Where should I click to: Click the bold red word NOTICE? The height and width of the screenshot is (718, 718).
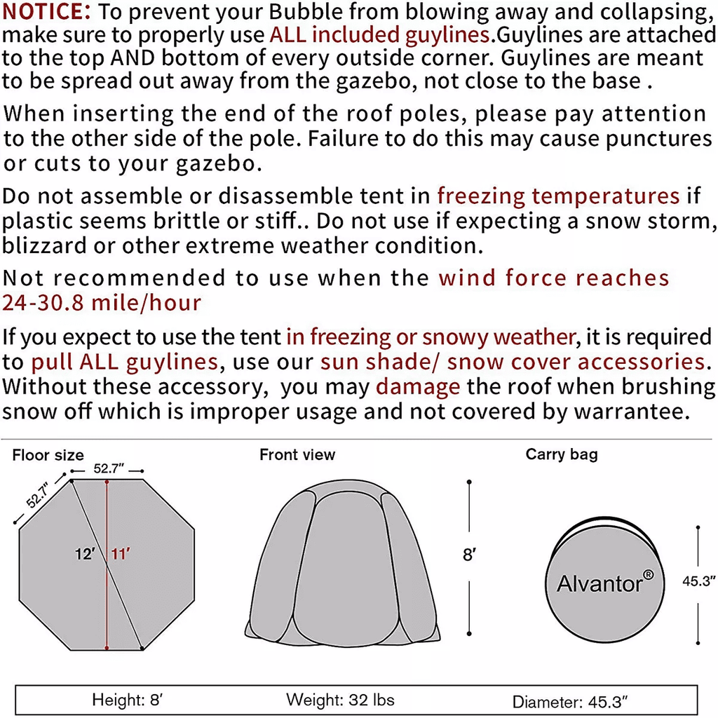coord(45,12)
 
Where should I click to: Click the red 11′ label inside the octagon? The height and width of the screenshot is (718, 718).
coord(120,554)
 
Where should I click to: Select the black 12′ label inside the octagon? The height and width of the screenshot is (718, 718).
coord(85,554)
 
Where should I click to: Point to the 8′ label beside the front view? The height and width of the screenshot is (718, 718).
coord(469,555)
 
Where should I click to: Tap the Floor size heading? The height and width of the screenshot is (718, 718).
coord(48,456)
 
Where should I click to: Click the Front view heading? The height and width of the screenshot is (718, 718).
coord(297,455)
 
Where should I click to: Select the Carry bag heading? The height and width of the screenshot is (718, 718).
coord(562,454)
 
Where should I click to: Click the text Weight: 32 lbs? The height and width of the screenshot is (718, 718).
coord(340,699)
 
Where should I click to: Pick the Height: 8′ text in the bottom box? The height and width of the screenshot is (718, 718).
coord(128,699)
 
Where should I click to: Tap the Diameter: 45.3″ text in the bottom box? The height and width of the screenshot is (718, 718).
coord(570,701)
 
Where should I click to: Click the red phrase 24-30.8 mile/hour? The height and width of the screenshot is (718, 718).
coord(102,303)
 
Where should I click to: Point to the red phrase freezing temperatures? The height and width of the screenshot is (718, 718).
coord(558,196)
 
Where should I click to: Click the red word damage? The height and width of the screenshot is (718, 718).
coord(418,386)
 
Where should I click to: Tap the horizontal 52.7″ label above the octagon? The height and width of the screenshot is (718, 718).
coord(107,469)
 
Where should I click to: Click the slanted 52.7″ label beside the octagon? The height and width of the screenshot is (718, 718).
coord(38,494)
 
